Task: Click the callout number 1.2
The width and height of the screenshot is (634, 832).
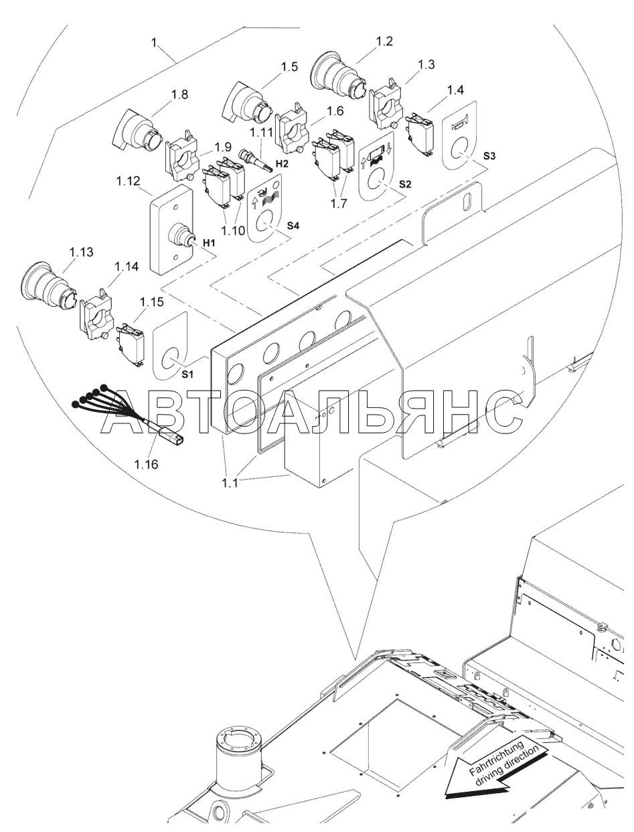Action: tap(384, 42)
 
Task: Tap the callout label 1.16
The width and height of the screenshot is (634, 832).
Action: tap(147, 464)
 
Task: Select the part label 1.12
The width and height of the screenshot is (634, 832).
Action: tap(128, 182)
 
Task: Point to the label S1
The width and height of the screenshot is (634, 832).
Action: tap(187, 374)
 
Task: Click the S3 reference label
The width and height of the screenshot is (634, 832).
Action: tap(489, 156)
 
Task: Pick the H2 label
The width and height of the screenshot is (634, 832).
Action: tap(281, 163)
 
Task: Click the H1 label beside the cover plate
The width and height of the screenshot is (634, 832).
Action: tap(208, 243)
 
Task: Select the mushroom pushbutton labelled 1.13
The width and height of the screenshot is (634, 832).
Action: tap(50, 284)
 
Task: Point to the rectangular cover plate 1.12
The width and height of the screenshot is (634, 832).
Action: tap(171, 229)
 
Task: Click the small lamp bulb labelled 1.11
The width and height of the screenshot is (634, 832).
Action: tap(254, 159)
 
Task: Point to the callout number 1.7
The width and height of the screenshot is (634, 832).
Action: tap(338, 203)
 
